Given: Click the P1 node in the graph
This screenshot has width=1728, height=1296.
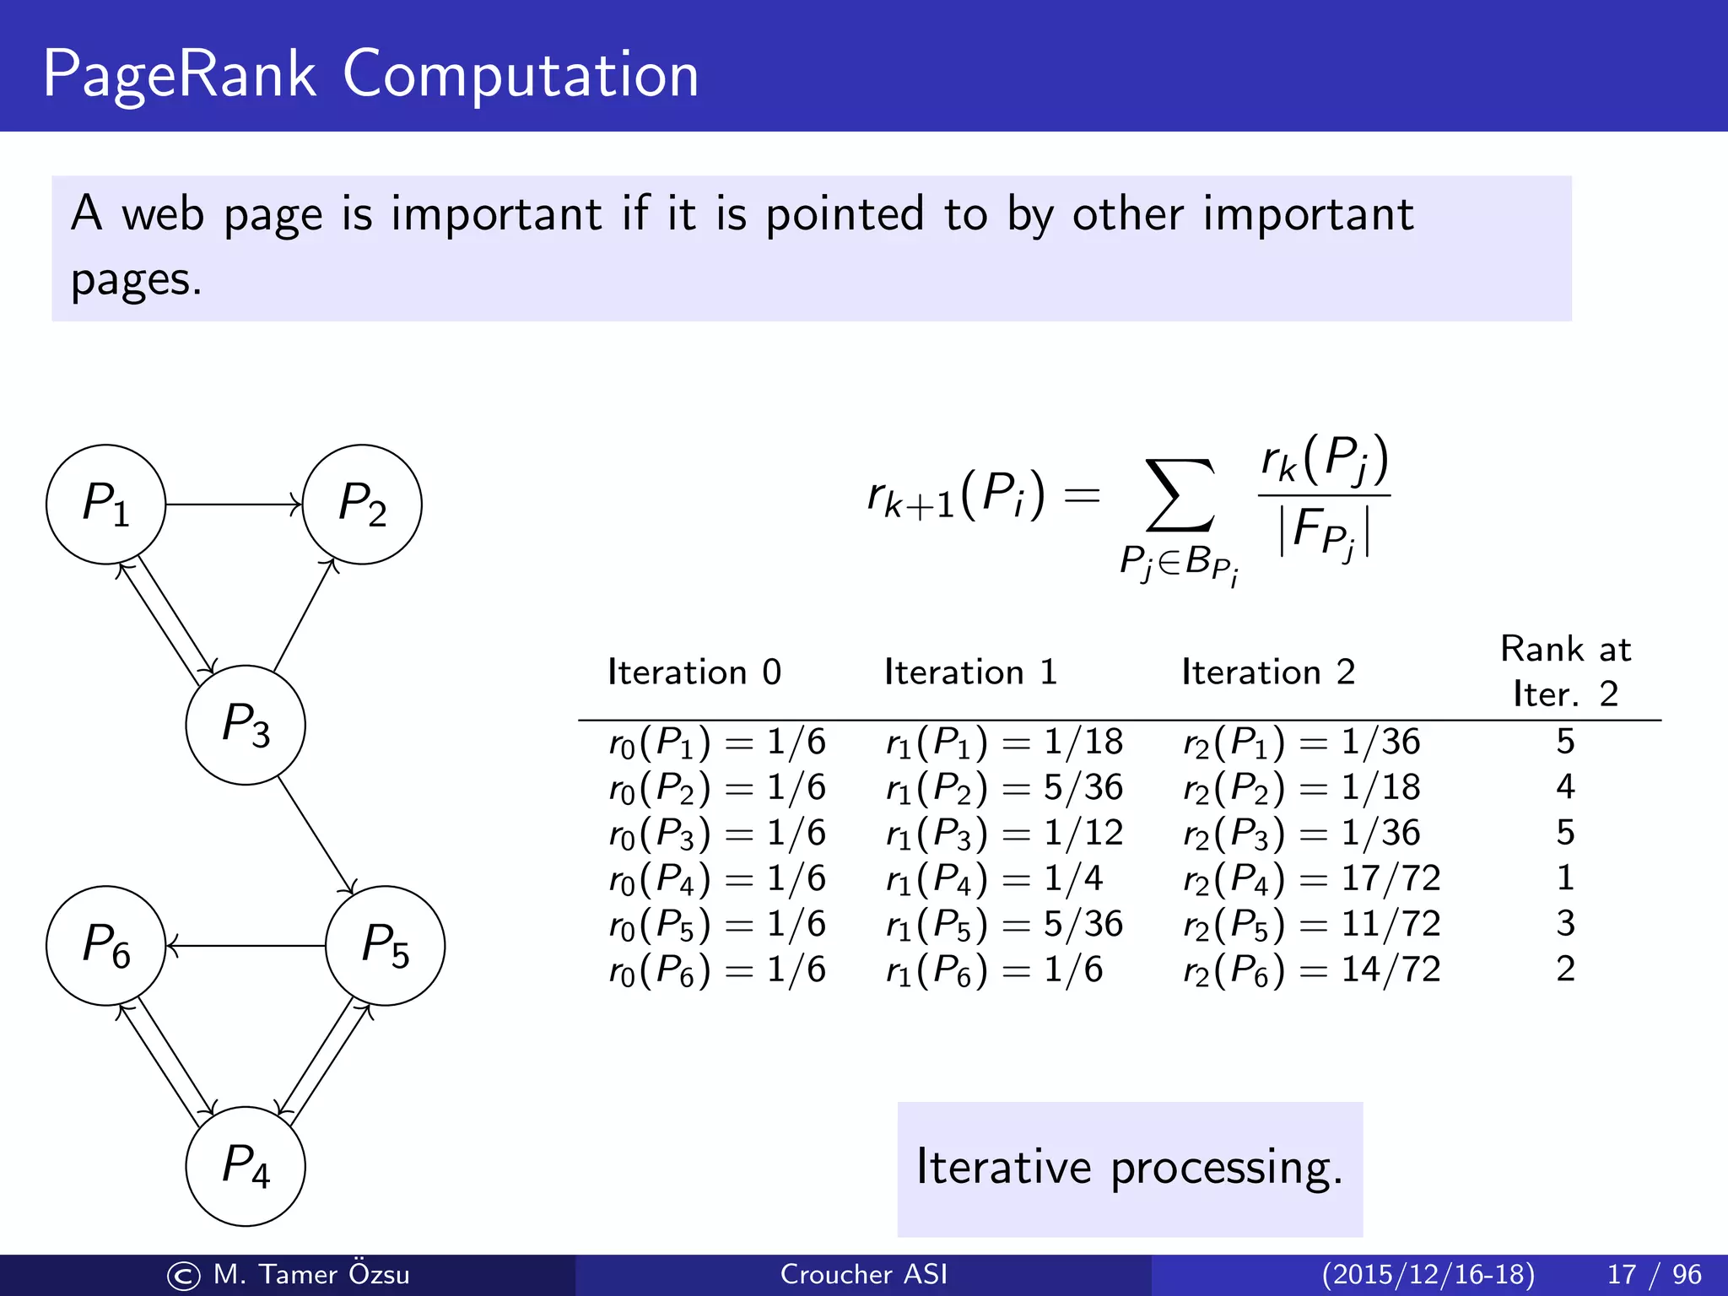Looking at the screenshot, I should [x=105, y=505].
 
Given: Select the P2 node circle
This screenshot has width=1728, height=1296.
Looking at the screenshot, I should [x=362, y=505].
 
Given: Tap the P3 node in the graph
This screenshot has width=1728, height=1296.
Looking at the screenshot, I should [x=246, y=725].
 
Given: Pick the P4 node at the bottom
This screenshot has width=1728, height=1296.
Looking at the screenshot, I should [x=246, y=1166].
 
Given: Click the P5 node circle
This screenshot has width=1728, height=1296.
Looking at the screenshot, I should [x=386, y=945].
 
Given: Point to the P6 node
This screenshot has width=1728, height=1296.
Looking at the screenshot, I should [x=105, y=945].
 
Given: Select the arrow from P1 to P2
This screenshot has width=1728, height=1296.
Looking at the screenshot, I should [x=234, y=505].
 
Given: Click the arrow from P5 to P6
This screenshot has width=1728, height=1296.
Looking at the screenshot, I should [x=246, y=946].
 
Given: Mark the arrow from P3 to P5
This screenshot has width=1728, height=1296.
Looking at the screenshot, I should [x=316, y=835].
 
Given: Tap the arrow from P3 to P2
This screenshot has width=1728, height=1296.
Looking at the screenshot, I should [x=305, y=615].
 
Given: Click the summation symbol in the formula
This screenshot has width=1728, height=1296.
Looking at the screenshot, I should [x=1180, y=496].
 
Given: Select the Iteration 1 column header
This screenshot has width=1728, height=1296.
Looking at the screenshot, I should [x=970, y=672].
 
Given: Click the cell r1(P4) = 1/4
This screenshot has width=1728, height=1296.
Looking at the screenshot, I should [x=994, y=878].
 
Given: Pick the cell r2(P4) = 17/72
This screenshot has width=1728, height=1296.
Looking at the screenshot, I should [x=1311, y=878].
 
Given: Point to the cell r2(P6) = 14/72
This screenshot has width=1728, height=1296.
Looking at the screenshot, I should [x=1311, y=969].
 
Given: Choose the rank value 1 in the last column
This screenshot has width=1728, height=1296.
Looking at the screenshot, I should [x=1565, y=878].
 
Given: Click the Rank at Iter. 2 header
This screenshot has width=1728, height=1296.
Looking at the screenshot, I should [x=1565, y=672].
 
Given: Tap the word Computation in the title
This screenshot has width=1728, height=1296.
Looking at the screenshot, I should [x=521, y=74].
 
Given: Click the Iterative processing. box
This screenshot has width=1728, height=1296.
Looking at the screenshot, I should [x=1130, y=1169].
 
